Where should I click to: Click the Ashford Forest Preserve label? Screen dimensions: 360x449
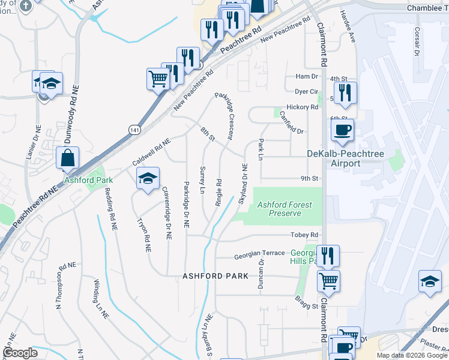click(x=285, y=209)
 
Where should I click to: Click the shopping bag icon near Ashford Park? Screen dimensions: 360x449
click(x=68, y=159)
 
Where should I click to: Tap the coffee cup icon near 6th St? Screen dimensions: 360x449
click(x=342, y=130)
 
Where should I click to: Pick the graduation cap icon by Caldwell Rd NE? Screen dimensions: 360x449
click(x=148, y=178)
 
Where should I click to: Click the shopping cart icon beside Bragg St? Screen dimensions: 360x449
click(x=328, y=280)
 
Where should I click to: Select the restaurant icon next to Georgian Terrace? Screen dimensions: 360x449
click(x=328, y=255)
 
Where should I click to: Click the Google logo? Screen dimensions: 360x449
click(x=20, y=353)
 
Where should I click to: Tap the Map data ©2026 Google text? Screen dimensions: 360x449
click(x=412, y=355)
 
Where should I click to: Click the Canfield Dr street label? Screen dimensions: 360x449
click(x=292, y=122)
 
